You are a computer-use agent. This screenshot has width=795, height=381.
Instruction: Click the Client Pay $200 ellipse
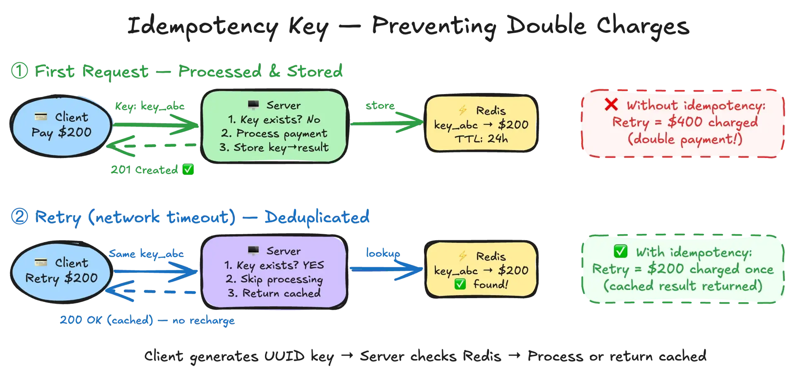(x=61, y=125)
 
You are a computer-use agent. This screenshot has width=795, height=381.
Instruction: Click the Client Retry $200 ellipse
(x=61, y=271)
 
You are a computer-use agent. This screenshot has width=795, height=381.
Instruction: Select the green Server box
(x=274, y=126)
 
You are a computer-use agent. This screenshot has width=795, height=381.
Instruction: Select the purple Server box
(x=274, y=272)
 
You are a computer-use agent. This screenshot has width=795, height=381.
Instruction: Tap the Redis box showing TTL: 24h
(x=481, y=124)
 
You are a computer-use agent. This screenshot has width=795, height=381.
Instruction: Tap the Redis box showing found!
(x=481, y=270)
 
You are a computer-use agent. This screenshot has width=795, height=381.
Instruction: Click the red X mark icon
(x=611, y=104)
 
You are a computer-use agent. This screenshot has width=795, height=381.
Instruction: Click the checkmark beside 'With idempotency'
(x=620, y=251)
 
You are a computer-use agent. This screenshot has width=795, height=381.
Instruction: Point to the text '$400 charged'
(x=713, y=122)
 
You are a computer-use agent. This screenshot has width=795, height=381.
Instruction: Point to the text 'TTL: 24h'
(x=481, y=138)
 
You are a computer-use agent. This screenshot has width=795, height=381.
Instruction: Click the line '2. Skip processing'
(x=274, y=279)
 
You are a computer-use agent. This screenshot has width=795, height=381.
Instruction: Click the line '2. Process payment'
(x=274, y=133)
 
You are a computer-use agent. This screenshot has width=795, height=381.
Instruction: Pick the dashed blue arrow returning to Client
(x=151, y=291)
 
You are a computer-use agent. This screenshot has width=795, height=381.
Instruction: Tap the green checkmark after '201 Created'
(x=188, y=169)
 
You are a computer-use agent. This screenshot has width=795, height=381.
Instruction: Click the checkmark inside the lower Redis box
(x=460, y=284)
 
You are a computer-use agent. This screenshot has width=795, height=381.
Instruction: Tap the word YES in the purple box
(x=313, y=265)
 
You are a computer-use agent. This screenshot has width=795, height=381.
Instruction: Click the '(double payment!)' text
(x=685, y=139)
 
